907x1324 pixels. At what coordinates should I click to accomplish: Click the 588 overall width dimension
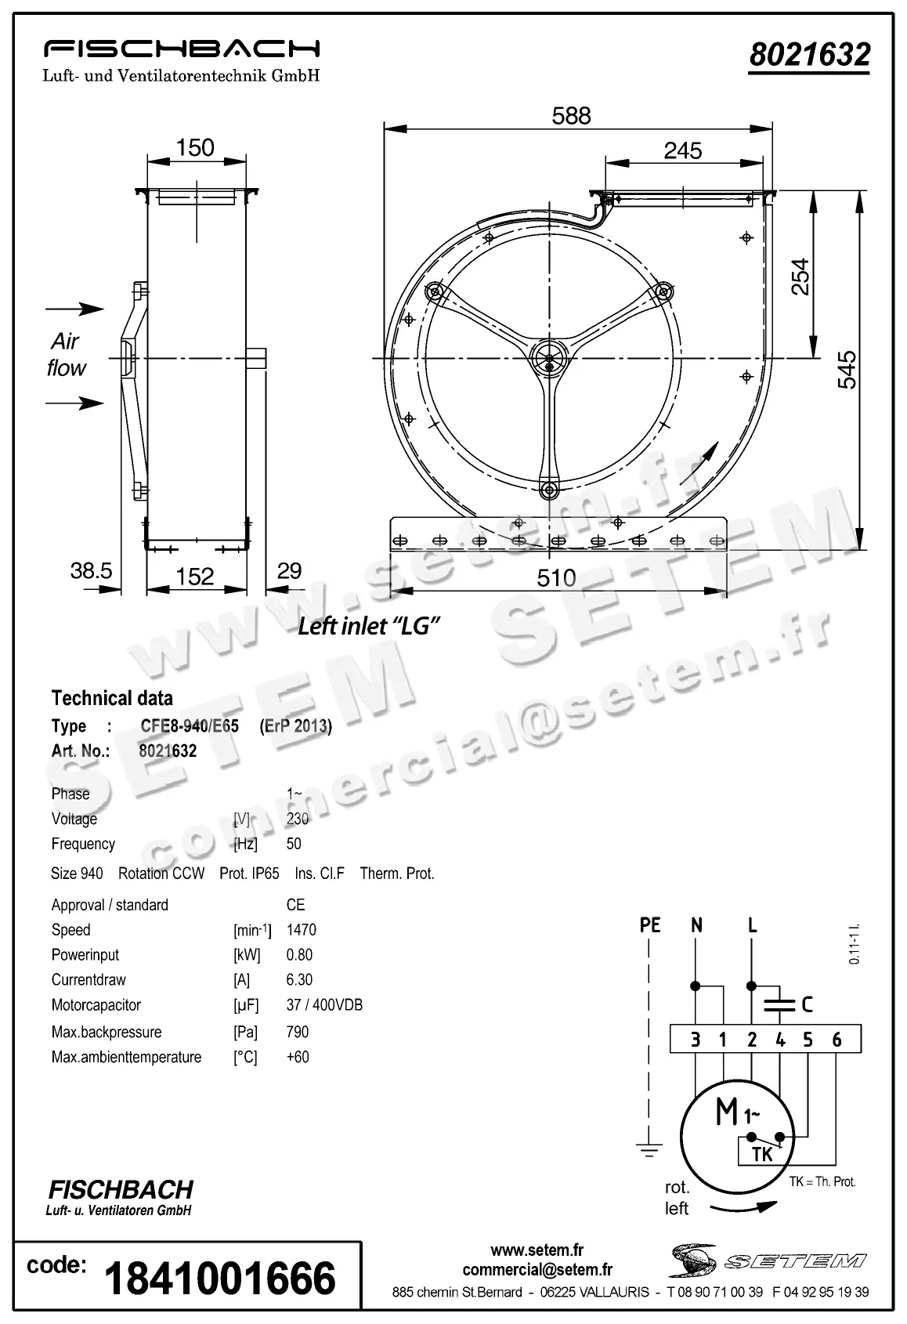571,116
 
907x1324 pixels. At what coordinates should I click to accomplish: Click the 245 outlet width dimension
682,150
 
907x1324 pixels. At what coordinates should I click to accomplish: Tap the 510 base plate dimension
556,578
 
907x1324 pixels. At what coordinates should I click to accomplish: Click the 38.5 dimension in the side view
92,570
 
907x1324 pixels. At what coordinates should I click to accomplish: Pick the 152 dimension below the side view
194,577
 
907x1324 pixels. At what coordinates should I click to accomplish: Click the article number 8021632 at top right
809,56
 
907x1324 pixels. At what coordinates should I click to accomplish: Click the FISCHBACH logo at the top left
181,49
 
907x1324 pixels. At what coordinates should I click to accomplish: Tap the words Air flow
66,354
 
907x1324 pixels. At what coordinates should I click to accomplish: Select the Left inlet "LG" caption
367,626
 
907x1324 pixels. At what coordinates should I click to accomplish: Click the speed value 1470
301,930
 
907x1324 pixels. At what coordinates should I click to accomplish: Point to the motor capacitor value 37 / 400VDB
324,1005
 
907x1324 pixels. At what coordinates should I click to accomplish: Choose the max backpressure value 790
298,1032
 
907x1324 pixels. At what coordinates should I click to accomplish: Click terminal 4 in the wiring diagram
780,1040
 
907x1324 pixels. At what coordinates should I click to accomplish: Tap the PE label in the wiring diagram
650,925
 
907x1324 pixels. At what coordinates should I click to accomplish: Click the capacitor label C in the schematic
807,1004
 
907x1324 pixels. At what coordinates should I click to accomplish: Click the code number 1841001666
219,1278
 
